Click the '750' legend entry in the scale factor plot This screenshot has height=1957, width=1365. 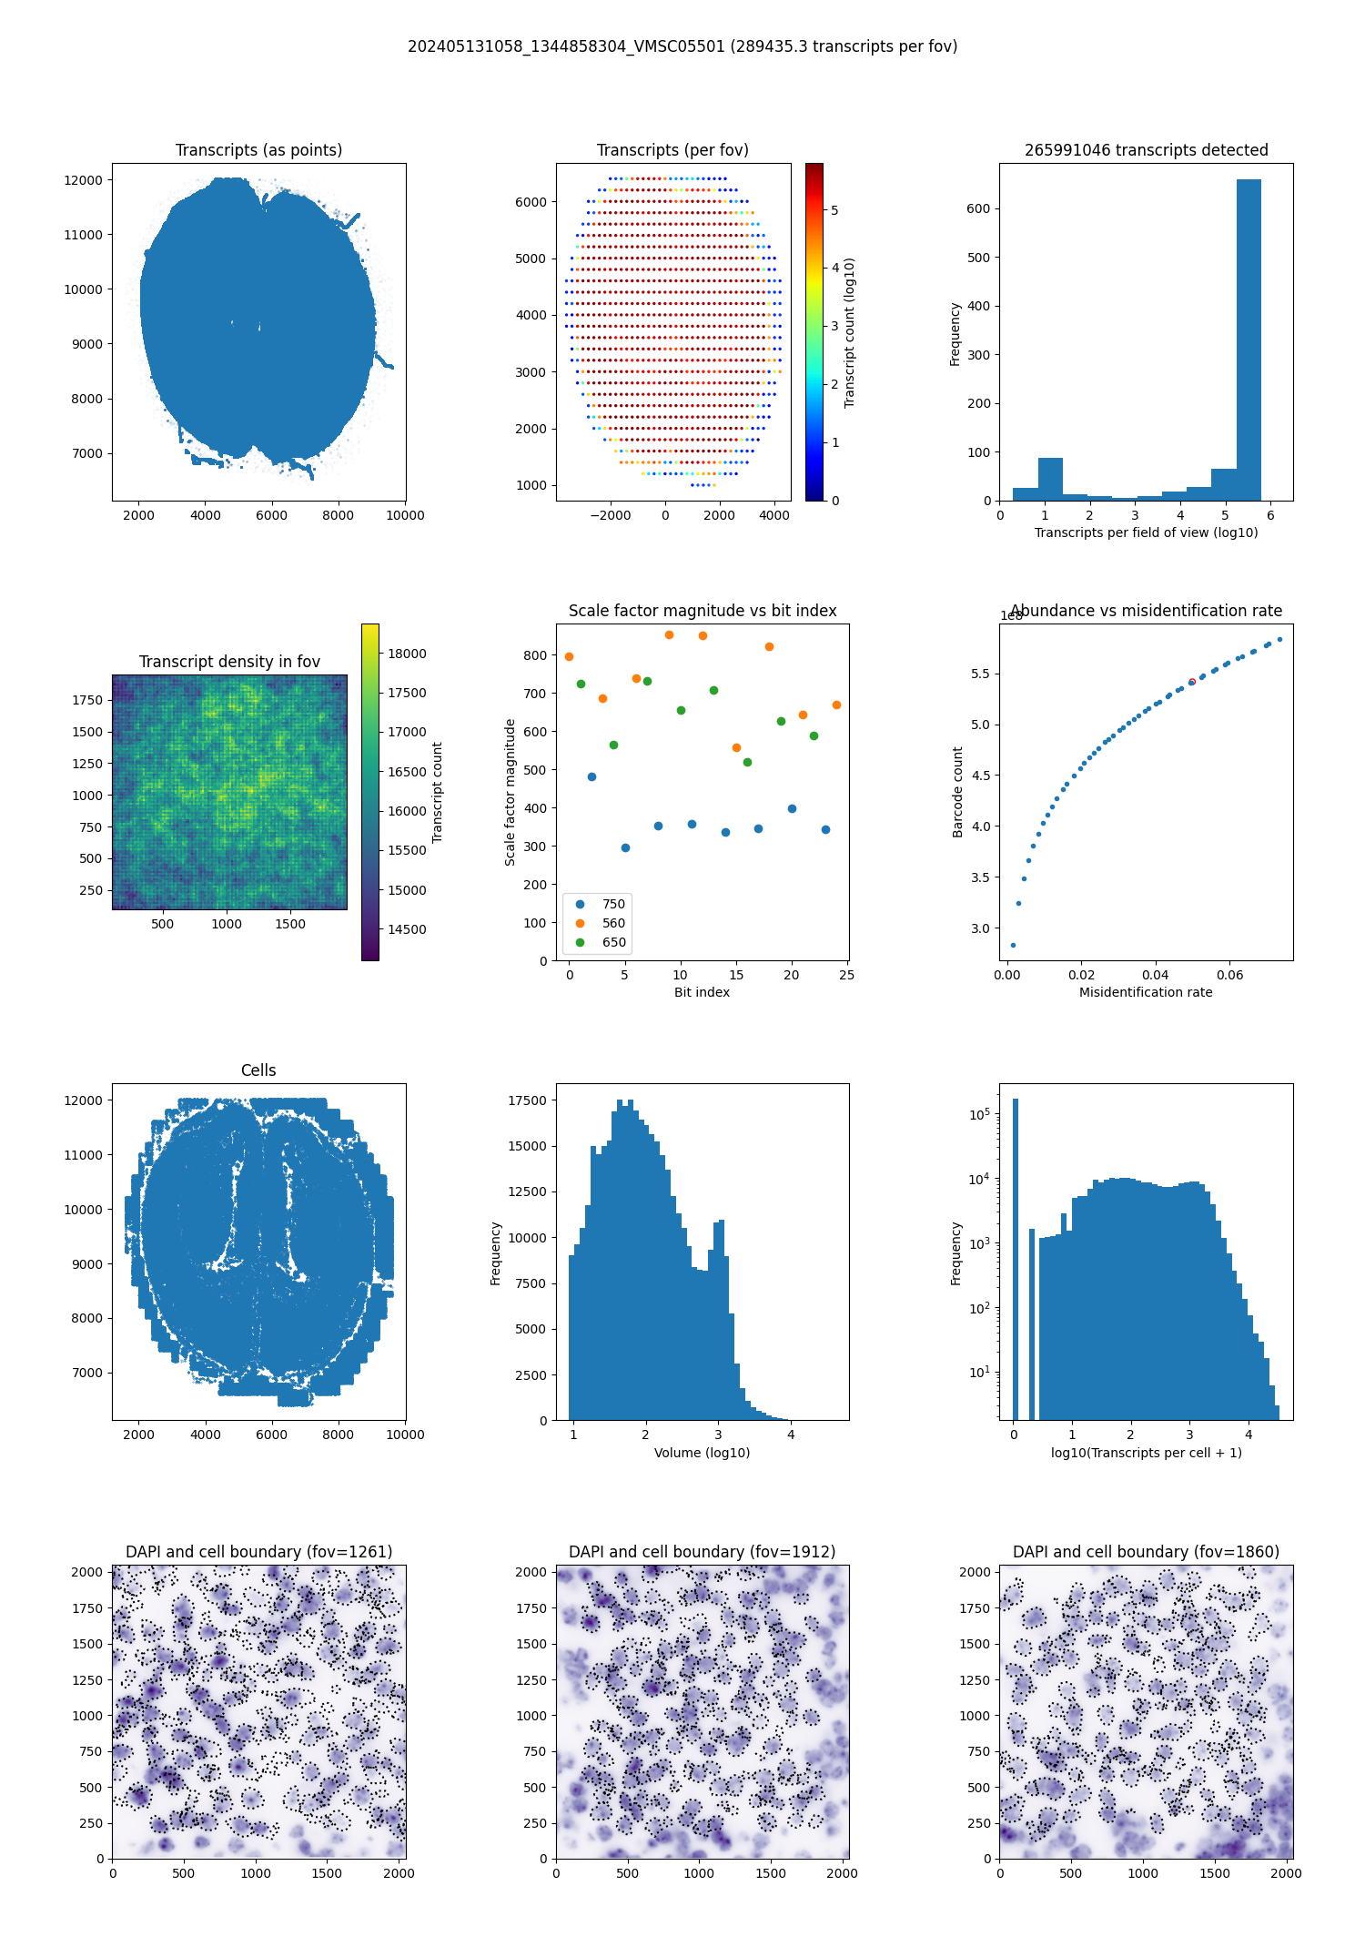pyautogui.click(x=612, y=904)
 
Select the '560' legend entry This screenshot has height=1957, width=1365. pyautogui.click(x=612, y=923)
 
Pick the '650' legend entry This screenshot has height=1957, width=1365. pyautogui.click(x=612, y=942)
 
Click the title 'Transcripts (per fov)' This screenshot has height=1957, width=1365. pyautogui.click(x=672, y=150)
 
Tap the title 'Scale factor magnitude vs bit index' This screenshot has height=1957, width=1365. pyautogui.click(x=703, y=611)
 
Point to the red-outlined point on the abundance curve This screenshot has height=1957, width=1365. pyautogui.click(x=1192, y=682)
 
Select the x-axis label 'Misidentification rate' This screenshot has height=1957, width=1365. pyautogui.click(x=1146, y=992)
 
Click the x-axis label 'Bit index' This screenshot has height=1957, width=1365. pyautogui.click(x=702, y=992)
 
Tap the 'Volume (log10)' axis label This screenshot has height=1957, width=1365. pyautogui.click(x=702, y=1453)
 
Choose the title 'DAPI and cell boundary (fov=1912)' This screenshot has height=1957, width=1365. pyautogui.click(x=702, y=1552)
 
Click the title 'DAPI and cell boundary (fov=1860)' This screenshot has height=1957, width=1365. pyautogui.click(x=1146, y=1552)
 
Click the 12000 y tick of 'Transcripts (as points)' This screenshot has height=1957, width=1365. pyautogui.click(x=83, y=180)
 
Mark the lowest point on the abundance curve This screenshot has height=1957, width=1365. pyautogui.click(x=1013, y=945)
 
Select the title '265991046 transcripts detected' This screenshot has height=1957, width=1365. pyautogui.click(x=1146, y=150)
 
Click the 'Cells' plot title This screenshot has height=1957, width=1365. pyautogui.click(x=258, y=1070)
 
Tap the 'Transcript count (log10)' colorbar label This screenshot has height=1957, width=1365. pyautogui.click(x=849, y=332)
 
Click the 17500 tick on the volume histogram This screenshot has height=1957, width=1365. pyautogui.click(x=527, y=1100)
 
